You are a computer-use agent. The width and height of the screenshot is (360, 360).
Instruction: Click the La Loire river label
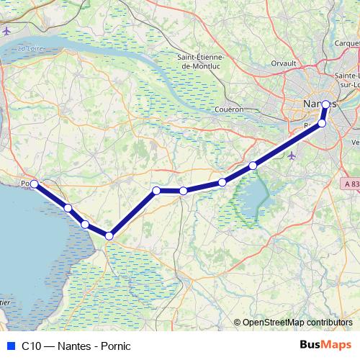click(31, 48)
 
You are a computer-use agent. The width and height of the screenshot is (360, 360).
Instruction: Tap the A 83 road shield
click(351, 184)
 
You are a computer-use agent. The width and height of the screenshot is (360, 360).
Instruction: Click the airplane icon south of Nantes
click(290, 156)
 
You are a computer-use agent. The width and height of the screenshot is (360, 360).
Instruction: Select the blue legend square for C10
click(9, 346)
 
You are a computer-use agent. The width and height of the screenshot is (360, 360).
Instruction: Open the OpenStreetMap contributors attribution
click(297, 323)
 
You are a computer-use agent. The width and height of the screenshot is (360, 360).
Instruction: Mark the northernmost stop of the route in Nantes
click(325, 104)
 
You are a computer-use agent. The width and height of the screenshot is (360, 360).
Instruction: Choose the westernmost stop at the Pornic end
click(34, 184)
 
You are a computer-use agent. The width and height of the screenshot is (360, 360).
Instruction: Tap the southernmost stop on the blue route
click(109, 235)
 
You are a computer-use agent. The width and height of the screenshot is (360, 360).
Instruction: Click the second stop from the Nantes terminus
click(322, 123)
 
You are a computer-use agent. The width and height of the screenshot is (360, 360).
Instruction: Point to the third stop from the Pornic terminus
click(85, 225)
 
